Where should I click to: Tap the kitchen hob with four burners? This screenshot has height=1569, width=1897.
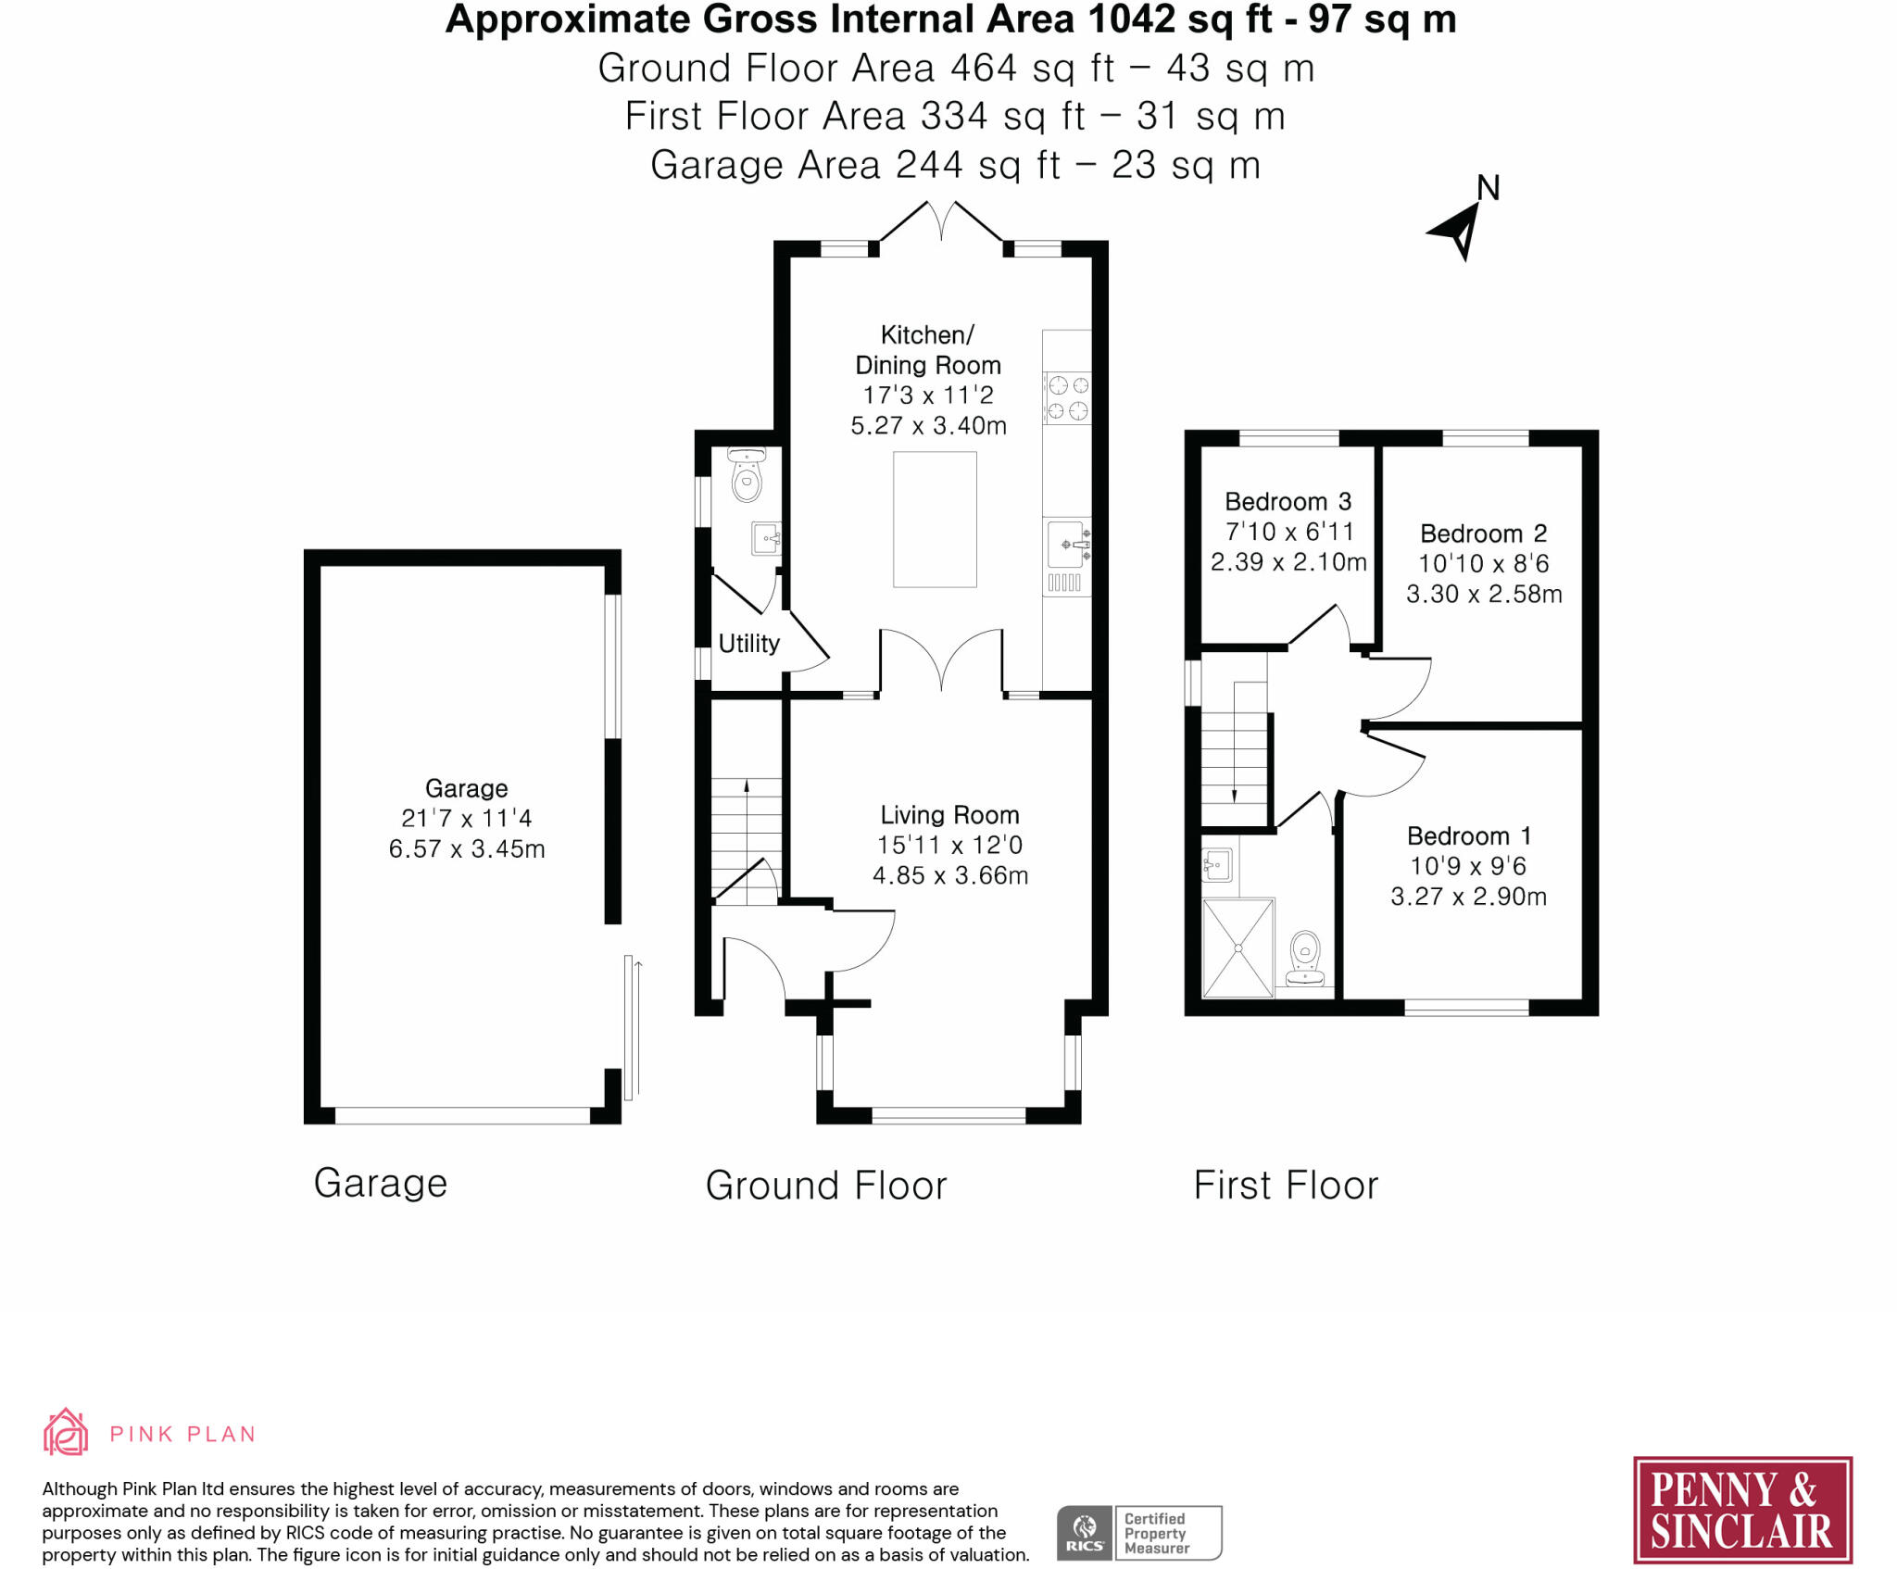pos(1067,397)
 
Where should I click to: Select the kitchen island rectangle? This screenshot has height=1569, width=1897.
pos(935,520)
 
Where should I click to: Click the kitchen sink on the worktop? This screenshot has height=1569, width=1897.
pos(1068,545)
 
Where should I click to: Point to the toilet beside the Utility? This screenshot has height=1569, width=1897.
pos(746,474)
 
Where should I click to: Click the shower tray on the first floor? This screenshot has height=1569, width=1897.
pos(1238,948)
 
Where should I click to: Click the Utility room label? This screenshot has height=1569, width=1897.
pos(749,643)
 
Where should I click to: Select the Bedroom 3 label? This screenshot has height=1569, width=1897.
pos(1288,501)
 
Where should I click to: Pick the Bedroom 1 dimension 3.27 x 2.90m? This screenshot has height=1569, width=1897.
pos(1468,896)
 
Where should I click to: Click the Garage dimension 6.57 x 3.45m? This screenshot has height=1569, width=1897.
pos(467,848)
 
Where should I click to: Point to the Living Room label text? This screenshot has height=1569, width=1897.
pos(949,815)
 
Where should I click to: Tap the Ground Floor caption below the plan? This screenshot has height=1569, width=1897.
pos(826,1186)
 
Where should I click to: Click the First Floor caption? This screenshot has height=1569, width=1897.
pos(1286,1185)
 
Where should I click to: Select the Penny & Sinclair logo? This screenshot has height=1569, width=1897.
pos(1742,1510)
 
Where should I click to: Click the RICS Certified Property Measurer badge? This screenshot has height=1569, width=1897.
pos(1139,1533)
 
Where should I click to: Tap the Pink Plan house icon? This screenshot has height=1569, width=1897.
pos(66,1432)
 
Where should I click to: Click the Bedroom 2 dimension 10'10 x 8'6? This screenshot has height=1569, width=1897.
pos(1484,563)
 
